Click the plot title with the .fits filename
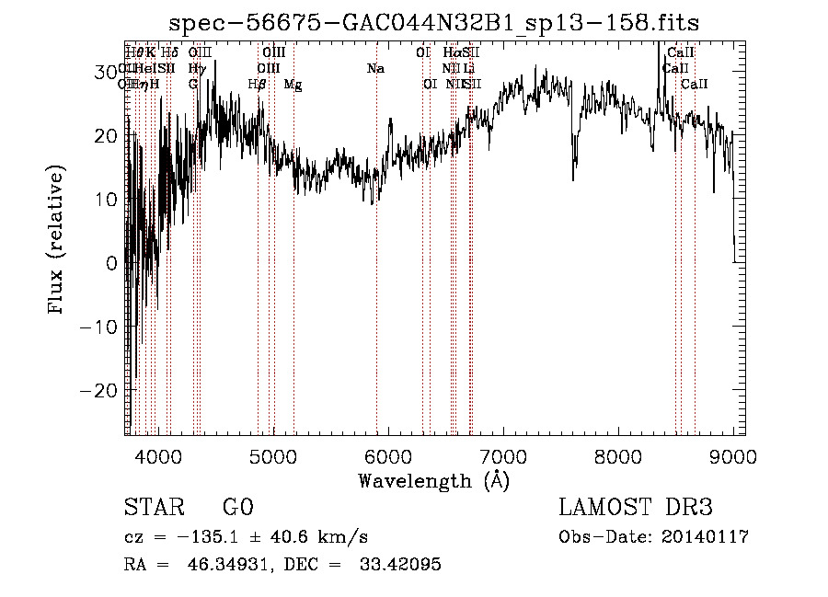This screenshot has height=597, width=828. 434,24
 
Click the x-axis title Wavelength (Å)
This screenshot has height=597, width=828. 433,480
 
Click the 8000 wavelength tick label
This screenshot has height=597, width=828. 617,456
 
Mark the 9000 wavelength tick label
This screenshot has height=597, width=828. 732,456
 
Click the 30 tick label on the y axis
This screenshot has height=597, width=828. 106,72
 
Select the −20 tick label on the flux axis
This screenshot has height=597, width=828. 100,390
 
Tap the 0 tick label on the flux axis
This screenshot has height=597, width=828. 111,263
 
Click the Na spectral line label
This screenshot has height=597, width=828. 375,69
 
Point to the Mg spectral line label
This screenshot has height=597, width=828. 293,85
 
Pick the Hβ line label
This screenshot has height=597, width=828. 258,85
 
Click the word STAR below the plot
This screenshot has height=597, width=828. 154,508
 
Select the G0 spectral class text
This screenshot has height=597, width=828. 237,508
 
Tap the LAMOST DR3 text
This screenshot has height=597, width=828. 635,508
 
